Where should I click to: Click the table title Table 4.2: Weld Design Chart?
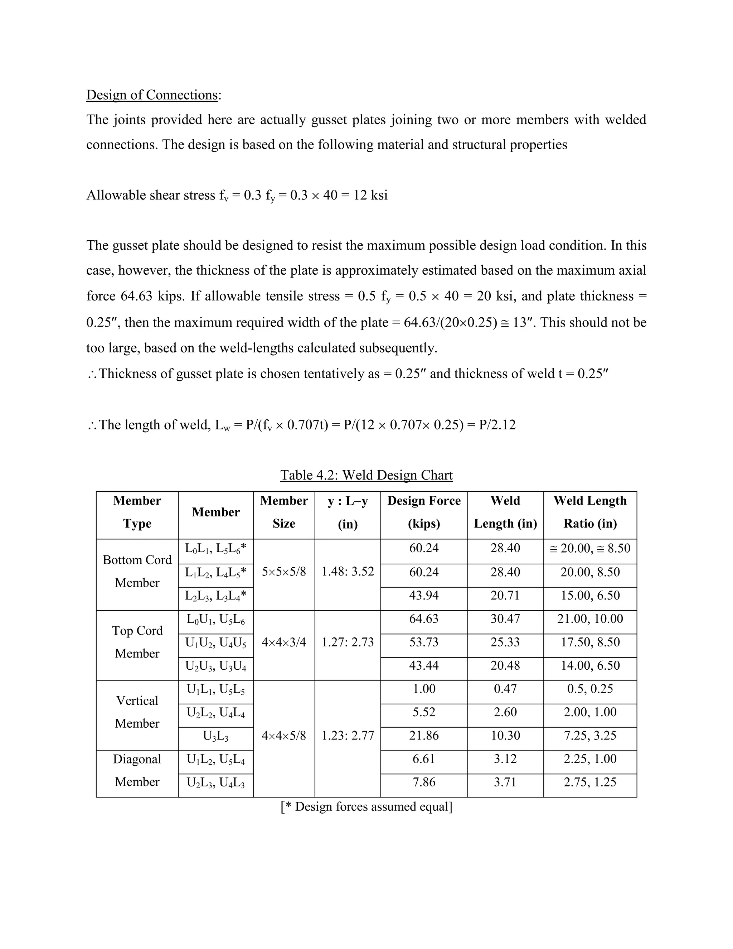tap(366, 475)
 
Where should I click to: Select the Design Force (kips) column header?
tap(423, 512)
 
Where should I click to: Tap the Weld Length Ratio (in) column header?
tap(590, 512)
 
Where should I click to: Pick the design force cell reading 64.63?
tap(423, 619)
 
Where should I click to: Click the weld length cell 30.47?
tap(505, 619)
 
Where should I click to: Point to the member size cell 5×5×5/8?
tap(283, 572)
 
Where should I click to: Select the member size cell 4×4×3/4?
tap(283, 642)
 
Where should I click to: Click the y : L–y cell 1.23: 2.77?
tap(348, 736)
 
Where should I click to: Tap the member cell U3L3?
tap(215, 736)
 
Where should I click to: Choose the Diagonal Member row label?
tap(137, 770)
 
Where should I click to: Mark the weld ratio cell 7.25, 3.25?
tap(590, 736)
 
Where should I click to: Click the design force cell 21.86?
tap(423, 736)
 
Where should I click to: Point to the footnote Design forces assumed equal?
tap(366, 807)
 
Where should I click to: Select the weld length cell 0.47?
tap(505, 689)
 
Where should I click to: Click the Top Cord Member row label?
tap(137, 642)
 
